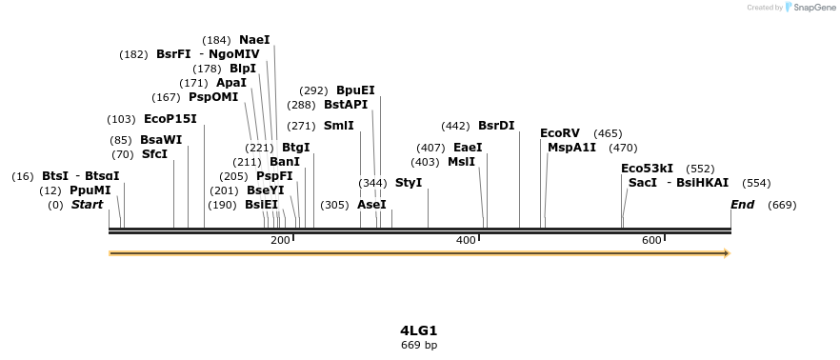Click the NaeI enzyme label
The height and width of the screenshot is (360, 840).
pos(254,40)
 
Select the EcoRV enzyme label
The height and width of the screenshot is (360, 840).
pos(559,133)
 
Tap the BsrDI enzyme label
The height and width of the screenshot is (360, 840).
pos(496,126)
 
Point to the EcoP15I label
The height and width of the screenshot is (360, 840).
pos(170,119)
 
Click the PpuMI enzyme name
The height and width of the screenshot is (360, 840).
pos(90,190)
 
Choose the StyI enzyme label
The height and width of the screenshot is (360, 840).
pos(409,183)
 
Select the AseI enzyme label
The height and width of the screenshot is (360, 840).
pos(371,205)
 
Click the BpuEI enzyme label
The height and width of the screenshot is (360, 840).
pos(355,90)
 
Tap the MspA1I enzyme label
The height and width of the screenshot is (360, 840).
pos(571,148)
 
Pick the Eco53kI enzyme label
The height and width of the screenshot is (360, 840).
pos(647,169)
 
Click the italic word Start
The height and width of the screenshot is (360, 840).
pos(87,205)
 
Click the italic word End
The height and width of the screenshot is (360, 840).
pos(742,205)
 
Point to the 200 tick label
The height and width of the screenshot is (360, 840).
pos(280,240)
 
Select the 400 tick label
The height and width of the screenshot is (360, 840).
pos(466,240)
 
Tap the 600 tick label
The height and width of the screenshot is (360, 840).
pos(651,240)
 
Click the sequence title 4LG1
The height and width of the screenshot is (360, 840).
pos(419,330)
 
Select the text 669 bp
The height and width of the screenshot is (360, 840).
pos(419,345)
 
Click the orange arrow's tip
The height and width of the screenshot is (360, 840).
pos(728,253)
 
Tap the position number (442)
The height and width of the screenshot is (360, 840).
pos(456,126)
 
